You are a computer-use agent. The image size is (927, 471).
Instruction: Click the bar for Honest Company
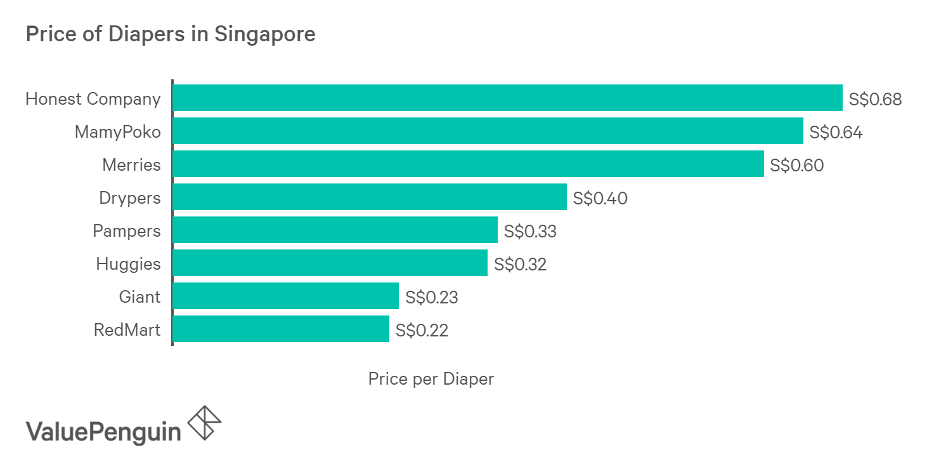[x=507, y=98]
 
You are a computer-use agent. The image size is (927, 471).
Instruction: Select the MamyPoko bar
[x=488, y=131]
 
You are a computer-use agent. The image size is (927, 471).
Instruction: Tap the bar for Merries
[x=468, y=164]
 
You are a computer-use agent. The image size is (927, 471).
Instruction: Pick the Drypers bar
[x=369, y=197]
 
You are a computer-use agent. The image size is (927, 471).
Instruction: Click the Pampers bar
[x=335, y=230]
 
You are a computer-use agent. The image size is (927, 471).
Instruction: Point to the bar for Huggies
[x=330, y=263]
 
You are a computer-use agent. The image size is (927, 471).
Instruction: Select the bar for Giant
[x=285, y=296]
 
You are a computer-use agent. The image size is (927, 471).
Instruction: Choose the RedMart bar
[x=280, y=329]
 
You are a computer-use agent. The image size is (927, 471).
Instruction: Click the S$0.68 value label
[x=875, y=99]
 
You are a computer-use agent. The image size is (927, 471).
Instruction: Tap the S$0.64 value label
[x=836, y=132]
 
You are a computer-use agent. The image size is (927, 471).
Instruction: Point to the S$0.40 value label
[x=600, y=198]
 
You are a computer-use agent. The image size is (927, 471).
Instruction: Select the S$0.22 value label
[x=422, y=330]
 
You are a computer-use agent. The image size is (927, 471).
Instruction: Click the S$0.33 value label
[x=530, y=231]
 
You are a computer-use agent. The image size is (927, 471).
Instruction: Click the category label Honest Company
[x=93, y=99]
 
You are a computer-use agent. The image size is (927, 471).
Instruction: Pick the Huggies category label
[x=128, y=264]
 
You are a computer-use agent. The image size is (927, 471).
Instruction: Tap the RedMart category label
[x=127, y=330]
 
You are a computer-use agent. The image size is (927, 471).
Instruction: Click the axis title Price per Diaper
[x=431, y=379]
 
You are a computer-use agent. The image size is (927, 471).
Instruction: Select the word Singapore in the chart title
[x=264, y=34]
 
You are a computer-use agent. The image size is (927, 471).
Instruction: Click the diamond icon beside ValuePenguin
[x=205, y=422]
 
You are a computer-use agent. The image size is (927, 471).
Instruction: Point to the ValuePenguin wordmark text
[x=103, y=432]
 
